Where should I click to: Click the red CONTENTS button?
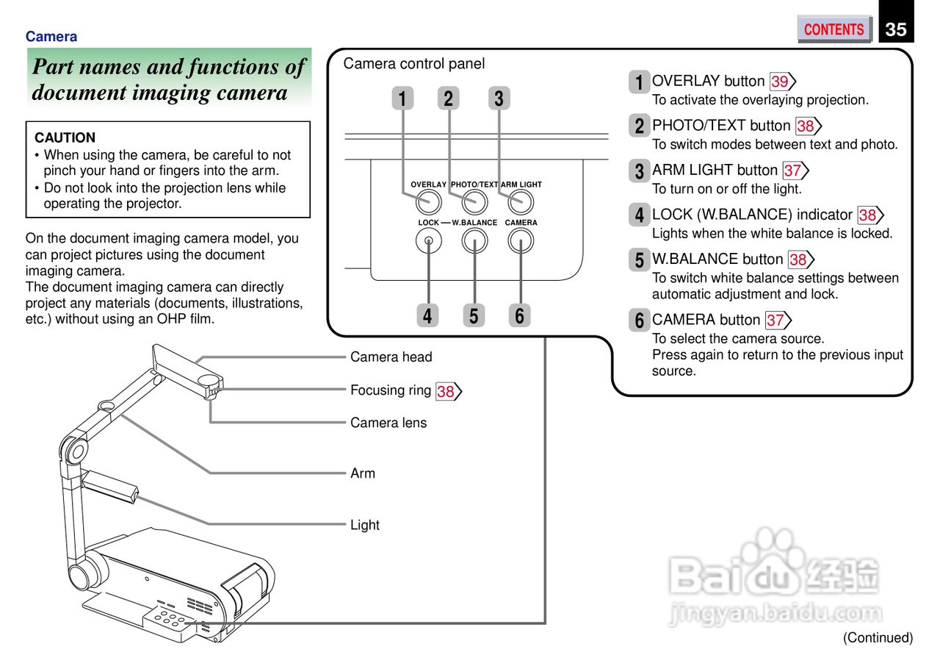point(834,29)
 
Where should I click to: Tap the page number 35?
point(896,29)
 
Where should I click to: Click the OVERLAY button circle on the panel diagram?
point(429,201)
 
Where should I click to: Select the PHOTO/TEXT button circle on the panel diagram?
point(474,201)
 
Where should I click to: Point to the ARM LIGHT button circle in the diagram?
point(521,201)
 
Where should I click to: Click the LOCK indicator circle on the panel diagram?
point(428,240)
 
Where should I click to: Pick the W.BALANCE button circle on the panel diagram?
point(474,240)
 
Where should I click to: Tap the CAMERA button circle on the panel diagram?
point(521,240)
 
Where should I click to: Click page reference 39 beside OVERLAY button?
point(781,82)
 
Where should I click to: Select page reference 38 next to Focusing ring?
point(447,391)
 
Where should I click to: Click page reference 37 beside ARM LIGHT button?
point(794,171)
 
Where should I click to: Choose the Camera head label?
point(391,357)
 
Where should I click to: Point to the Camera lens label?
point(388,423)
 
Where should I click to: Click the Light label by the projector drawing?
point(364,525)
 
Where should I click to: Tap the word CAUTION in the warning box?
point(65,137)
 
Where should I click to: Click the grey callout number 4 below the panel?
point(427,315)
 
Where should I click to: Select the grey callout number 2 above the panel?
point(448,99)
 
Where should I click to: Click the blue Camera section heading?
point(51,37)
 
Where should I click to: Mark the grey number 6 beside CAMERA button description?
point(639,321)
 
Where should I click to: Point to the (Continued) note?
point(877,637)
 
